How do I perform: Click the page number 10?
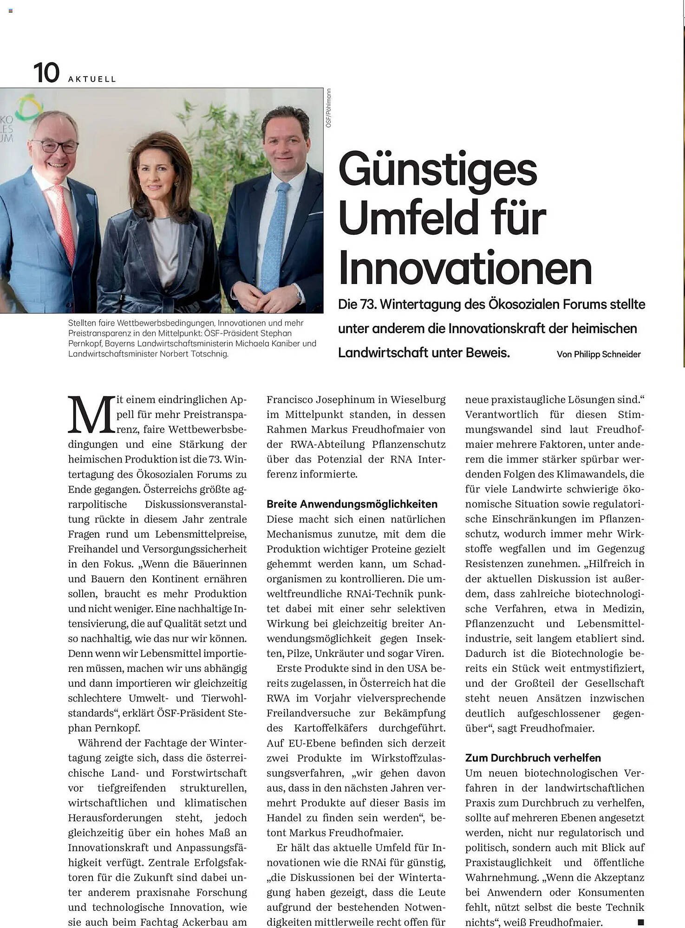[x=46, y=73]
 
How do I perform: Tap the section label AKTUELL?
[x=92, y=79]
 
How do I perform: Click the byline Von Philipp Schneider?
[x=598, y=354]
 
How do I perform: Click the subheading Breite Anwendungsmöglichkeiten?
[x=352, y=504]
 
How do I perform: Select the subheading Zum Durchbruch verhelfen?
[x=533, y=758]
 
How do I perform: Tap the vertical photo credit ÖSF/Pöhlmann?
[x=328, y=108]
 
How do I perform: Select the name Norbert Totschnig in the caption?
[x=194, y=354]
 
